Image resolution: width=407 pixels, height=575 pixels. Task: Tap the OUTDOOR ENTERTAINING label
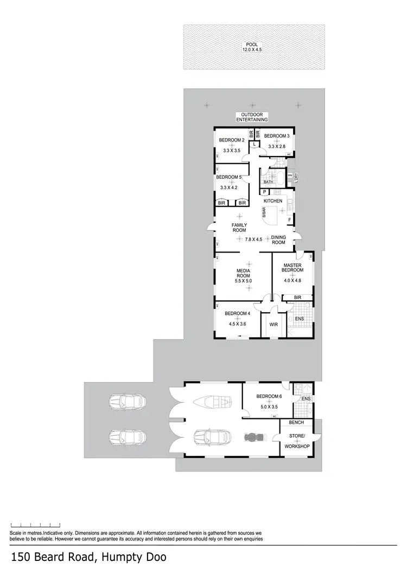click(x=252, y=117)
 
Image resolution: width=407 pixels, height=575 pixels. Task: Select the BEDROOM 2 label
click(x=232, y=140)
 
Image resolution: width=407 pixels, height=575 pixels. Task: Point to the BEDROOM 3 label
click(x=277, y=136)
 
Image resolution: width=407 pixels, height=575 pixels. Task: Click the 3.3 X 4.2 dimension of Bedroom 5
click(x=228, y=188)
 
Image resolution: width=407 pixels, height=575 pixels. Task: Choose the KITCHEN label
click(x=273, y=201)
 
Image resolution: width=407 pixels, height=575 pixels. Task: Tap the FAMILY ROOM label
click(x=239, y=228)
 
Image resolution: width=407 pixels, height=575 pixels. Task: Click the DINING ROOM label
click(x=278, y=240)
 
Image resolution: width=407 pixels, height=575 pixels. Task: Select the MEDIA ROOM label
click(x=243, y=273)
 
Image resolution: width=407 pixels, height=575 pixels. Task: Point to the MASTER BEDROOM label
click(x=292, y=268)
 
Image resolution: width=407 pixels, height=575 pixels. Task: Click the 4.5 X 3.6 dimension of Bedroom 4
click(x=237, y=324)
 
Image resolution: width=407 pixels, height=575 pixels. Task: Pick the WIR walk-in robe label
click(x=274, y=325)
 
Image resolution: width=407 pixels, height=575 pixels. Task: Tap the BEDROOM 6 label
click(x=269, y=396)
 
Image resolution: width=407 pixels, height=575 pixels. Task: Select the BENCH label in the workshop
click(x=296, y=422)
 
